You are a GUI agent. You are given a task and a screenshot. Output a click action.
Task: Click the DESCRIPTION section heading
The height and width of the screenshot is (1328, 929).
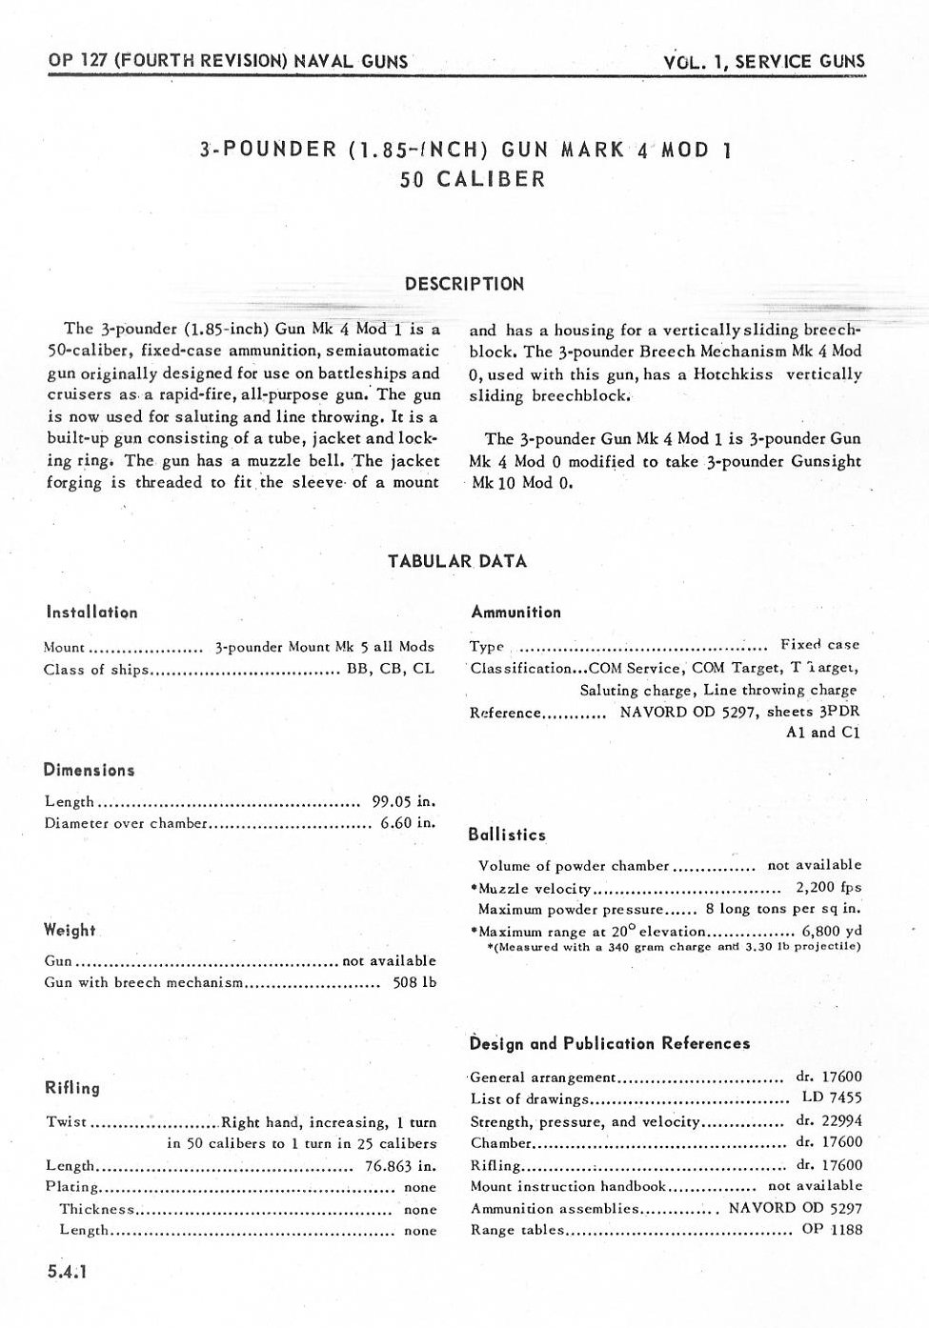[x=464, y=284]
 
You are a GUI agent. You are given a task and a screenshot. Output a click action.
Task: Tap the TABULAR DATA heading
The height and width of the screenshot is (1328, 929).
[x=457, y=561]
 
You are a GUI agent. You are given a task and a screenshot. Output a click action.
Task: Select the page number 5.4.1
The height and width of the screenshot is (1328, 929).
[x=67, y=1271]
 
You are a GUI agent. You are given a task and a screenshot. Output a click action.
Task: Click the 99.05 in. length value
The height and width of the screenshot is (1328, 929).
[x=403, y=802]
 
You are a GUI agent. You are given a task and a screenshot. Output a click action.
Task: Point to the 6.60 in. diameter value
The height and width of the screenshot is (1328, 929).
[x=408, y=823]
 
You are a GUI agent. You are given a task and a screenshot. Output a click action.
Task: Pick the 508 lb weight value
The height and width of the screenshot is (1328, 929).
[x=414, y=982]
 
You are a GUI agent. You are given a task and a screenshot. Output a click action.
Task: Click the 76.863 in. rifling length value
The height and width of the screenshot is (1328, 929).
[x=400, y=1166]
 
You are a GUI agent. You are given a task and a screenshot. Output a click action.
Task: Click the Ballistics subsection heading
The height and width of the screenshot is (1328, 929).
[x=507, y=835]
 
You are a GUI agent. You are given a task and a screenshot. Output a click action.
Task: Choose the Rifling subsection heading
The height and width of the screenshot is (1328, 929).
[x=72, y=1088]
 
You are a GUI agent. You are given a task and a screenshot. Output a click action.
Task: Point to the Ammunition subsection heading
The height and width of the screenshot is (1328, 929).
[x=515, y=613]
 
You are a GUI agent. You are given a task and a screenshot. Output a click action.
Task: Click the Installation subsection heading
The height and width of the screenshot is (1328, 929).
[x=91, y=613]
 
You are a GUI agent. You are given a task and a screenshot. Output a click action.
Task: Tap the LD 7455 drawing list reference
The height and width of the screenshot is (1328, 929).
[x=832, y=1097]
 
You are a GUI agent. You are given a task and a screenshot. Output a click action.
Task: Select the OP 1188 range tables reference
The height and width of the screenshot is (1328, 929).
[x=832, y=1230]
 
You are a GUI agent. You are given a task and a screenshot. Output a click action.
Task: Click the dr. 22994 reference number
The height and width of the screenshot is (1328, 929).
[x=829, y=1121]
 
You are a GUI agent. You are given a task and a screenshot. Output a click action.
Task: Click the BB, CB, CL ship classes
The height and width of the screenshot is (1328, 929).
[x=391, y=669]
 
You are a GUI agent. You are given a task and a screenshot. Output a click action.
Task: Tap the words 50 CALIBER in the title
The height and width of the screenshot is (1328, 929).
[x=473, y=179]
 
